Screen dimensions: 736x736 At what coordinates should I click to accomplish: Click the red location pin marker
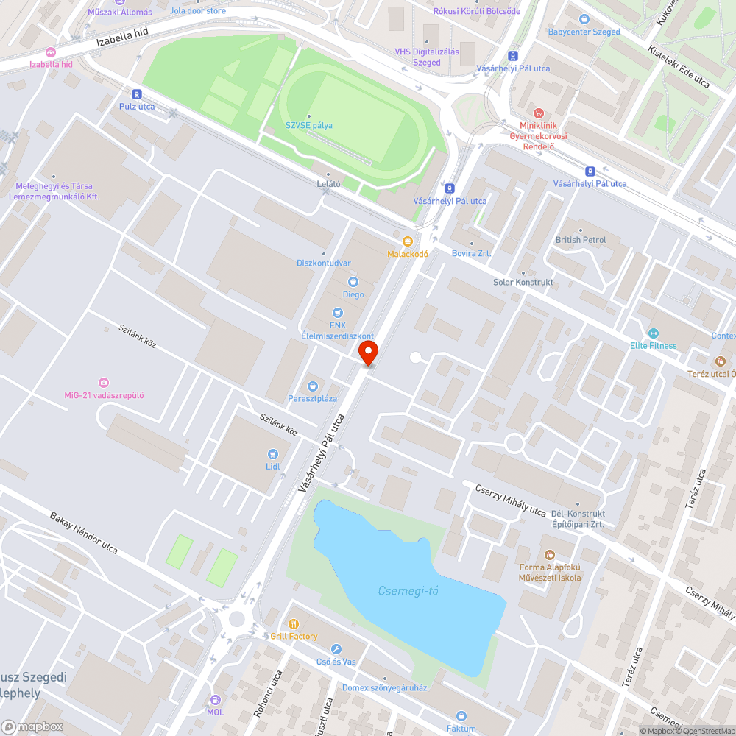[368, 353]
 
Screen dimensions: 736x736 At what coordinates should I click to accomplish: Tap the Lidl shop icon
[273, 454]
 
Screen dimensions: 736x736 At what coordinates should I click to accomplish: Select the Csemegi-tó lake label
[408, 590]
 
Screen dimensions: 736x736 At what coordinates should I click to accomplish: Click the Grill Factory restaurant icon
[294, 623]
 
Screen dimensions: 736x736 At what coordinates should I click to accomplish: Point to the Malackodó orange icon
[407, 241]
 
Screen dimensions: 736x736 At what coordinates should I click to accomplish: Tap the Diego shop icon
[353, 282]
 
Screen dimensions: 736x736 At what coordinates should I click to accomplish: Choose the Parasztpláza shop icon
[312, 386]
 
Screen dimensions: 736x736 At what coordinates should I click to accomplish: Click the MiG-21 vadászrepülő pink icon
[104, 382]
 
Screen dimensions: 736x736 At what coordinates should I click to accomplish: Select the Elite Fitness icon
[653, 333]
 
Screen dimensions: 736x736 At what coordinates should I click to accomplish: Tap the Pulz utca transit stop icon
[137, 93]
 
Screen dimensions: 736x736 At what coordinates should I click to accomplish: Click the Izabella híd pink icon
[50, 52]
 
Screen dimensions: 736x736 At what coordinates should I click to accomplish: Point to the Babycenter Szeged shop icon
[584, 19]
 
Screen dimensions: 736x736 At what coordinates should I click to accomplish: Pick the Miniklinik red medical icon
[537, 113]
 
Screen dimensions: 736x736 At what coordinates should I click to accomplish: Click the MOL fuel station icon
[215, 700]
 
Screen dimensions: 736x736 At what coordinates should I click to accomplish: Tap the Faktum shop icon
[461, 715]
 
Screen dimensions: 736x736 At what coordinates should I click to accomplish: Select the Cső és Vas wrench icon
[336, 649]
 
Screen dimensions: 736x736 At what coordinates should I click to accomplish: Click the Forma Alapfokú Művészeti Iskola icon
[549, 554]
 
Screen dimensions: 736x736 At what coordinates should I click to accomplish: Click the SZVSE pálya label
[309, 125]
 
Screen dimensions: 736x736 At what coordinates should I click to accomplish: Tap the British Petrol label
[581, 240]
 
